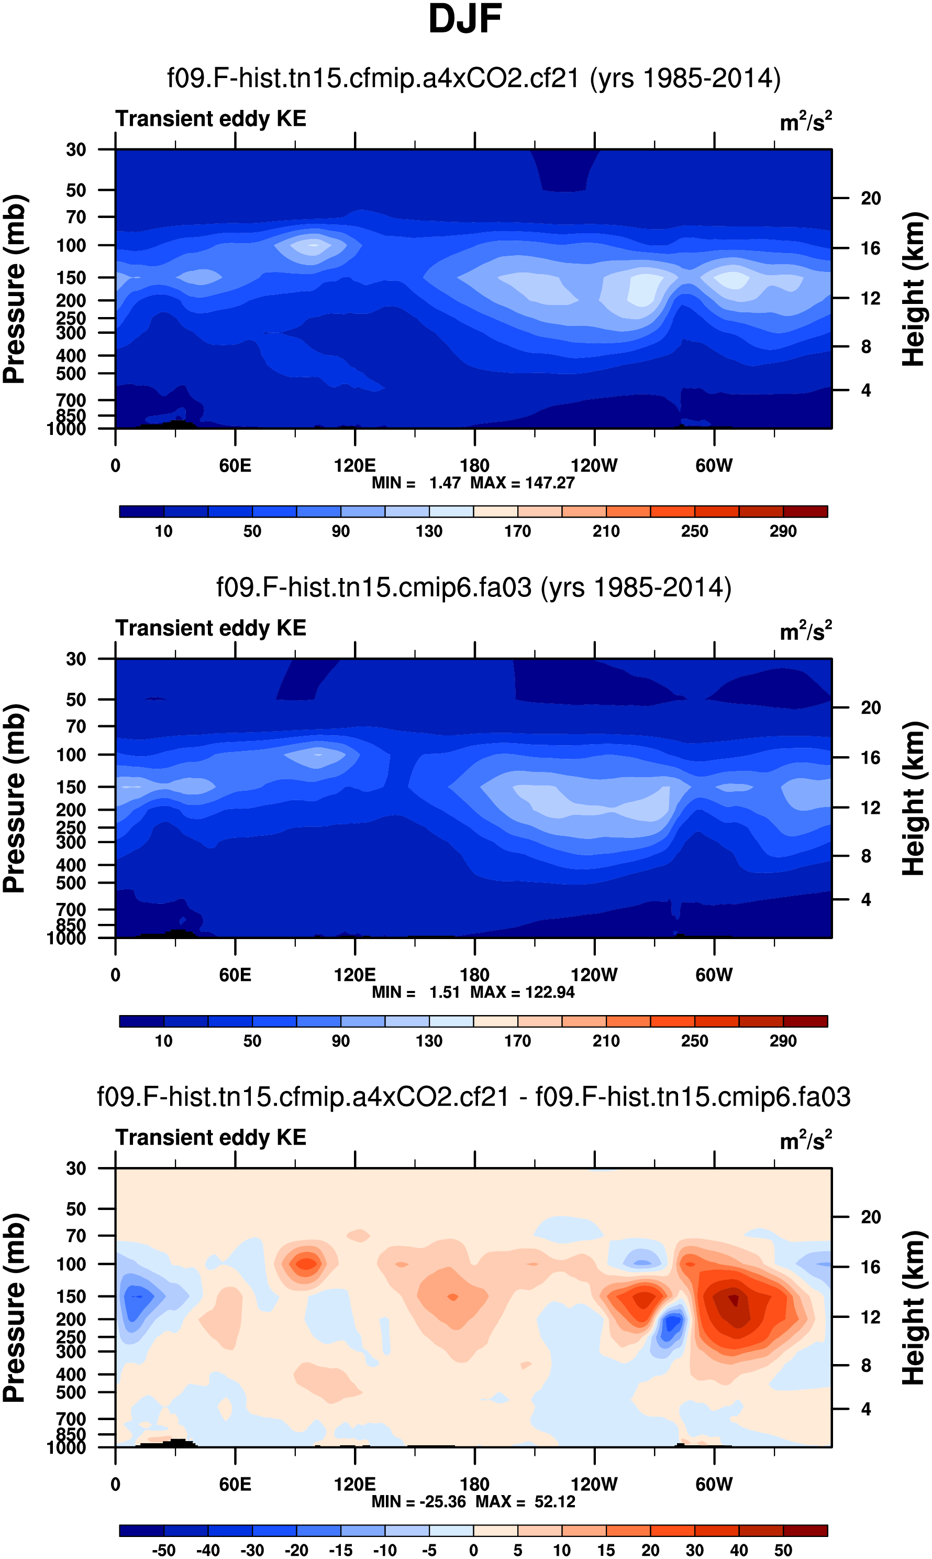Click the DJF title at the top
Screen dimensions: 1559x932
pos(465,19)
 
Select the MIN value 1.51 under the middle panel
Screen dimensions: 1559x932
pos(445,992)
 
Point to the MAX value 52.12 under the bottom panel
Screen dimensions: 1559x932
pos(554,1501)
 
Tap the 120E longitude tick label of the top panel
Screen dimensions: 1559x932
pos(355,466)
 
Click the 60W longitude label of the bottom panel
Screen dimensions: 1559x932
pos(714,1484)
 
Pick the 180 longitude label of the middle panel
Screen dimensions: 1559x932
pos(474,975)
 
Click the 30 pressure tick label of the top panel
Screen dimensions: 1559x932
pos(76,149)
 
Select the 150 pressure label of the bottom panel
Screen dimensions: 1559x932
pos(71,1296)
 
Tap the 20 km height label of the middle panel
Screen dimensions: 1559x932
pos(870,707)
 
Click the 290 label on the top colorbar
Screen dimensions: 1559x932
pos(783,531)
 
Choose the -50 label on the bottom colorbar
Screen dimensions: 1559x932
pos(163,1550)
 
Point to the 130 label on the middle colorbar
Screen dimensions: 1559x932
pos(429,1041)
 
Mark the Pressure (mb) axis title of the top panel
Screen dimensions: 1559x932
pos(14,289)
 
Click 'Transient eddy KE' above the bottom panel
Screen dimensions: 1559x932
pos(211,1137)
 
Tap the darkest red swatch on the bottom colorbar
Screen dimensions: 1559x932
pos(805,1530)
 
